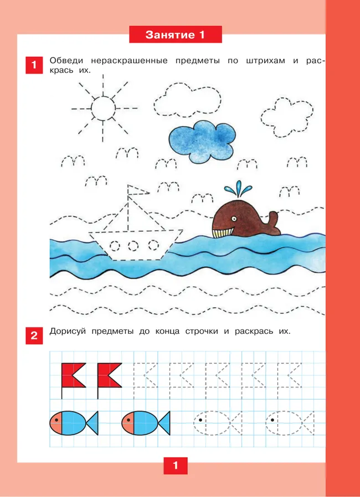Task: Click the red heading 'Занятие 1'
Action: point(176,34)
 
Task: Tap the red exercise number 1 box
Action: point(34,65)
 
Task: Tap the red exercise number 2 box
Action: point(34,335)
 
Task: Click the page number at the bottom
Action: point(176,465)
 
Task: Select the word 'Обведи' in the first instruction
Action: point(67,60)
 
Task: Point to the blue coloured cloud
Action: point(202,141)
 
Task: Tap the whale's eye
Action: point(234,219)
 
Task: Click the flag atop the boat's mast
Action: point(138,190)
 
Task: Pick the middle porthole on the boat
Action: point(133,245)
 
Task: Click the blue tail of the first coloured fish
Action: point(92,423)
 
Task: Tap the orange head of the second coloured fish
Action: point(128,423)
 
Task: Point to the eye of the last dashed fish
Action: point(272,420)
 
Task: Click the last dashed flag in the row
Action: point(290,375)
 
